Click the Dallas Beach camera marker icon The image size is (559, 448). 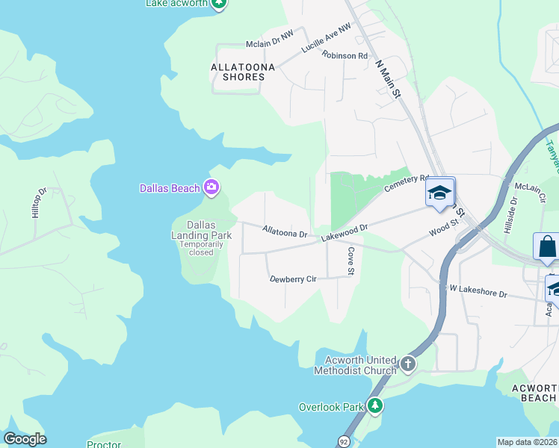211,188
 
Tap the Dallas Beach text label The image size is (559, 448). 170,188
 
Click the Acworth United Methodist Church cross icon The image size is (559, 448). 407,364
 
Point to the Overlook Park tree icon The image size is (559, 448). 374,406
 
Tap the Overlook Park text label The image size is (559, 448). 331,407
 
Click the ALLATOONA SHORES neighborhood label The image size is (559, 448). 238,72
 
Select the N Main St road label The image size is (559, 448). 388,72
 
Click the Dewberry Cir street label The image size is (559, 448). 294,279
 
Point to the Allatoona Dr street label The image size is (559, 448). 285,232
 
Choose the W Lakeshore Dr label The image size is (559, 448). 478,291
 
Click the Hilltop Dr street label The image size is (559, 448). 38,202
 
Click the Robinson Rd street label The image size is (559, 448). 345,55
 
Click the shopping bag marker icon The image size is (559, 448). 546,246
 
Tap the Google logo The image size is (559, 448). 25,439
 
